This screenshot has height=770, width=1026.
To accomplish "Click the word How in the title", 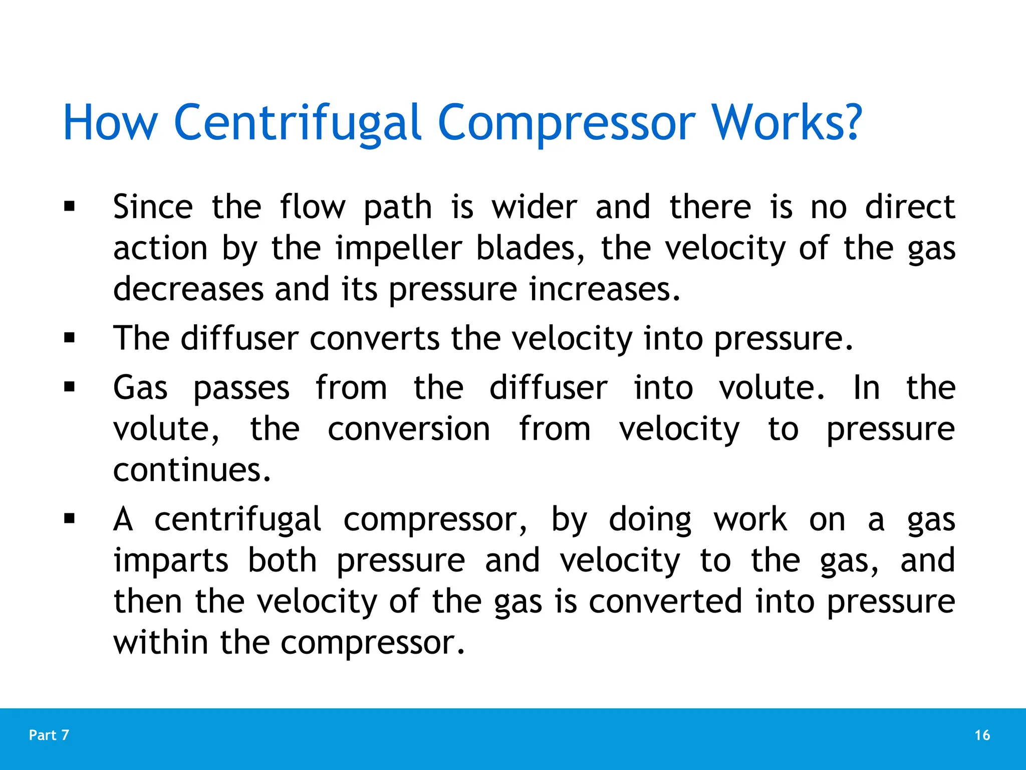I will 110,123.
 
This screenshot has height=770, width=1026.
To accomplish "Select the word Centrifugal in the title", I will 297,123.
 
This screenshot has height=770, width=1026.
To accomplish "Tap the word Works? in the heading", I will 787,123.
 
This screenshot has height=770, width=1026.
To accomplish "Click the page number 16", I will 982,735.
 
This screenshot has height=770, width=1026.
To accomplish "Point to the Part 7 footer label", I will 49,735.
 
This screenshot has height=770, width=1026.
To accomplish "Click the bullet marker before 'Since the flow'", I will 70,207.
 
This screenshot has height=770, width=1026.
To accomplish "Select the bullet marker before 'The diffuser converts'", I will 70,338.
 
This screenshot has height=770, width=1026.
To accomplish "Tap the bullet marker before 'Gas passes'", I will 70,387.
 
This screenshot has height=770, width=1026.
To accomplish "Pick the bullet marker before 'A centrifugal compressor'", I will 70,518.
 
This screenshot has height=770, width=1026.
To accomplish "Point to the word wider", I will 534,207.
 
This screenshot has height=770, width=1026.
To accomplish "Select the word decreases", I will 188,289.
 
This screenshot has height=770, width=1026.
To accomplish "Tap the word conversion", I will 409,429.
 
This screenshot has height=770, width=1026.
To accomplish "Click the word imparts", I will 171,560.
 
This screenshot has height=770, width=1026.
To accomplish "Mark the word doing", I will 650,519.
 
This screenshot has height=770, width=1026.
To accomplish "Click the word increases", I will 605,289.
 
